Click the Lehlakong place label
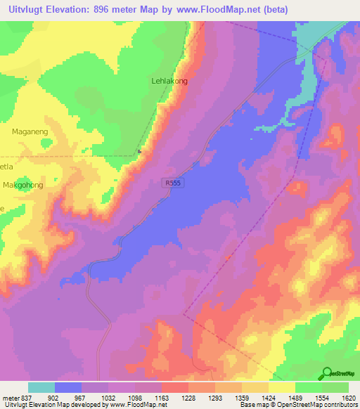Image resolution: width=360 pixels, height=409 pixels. [169, 81]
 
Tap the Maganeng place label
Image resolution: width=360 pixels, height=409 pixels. [30, 131]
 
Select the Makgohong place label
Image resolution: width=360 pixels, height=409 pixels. [23, 185]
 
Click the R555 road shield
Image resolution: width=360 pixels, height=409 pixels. [171, 182]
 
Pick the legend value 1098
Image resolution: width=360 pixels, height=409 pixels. [135, 398]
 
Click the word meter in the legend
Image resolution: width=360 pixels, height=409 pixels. [11, 398]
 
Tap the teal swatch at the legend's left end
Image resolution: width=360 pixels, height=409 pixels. [41, 387]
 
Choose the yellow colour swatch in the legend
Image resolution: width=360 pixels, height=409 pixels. [281, 387]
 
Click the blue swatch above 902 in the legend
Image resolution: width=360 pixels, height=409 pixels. [68, 387]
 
